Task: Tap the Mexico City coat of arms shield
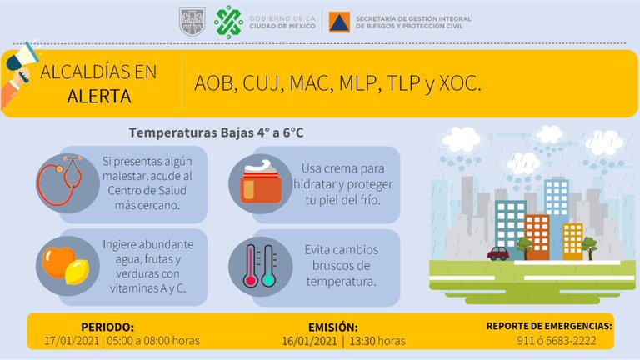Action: [x=192, y=22]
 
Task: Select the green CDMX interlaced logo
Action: [x=228, y=22]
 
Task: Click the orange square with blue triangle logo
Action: [x=339, y=22]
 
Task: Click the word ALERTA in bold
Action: [x=99, y=97]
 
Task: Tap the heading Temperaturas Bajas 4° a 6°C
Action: [x=217, y=132]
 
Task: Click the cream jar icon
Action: [x=261, y=182]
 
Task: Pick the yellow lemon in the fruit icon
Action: [x=77, y=272]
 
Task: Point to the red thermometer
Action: [x=250, y=266]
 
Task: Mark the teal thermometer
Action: [x=268, y=266]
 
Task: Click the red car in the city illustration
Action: [x=498, y=253]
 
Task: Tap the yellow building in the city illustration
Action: [x=572, y=241]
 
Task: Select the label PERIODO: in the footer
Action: [x=107, y=327]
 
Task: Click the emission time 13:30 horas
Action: [x=377, y=341]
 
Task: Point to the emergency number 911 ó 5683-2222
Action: [x=557, y=340]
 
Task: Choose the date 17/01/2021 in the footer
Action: [x=72, y=340]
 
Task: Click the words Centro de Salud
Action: [x=147, y=190]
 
